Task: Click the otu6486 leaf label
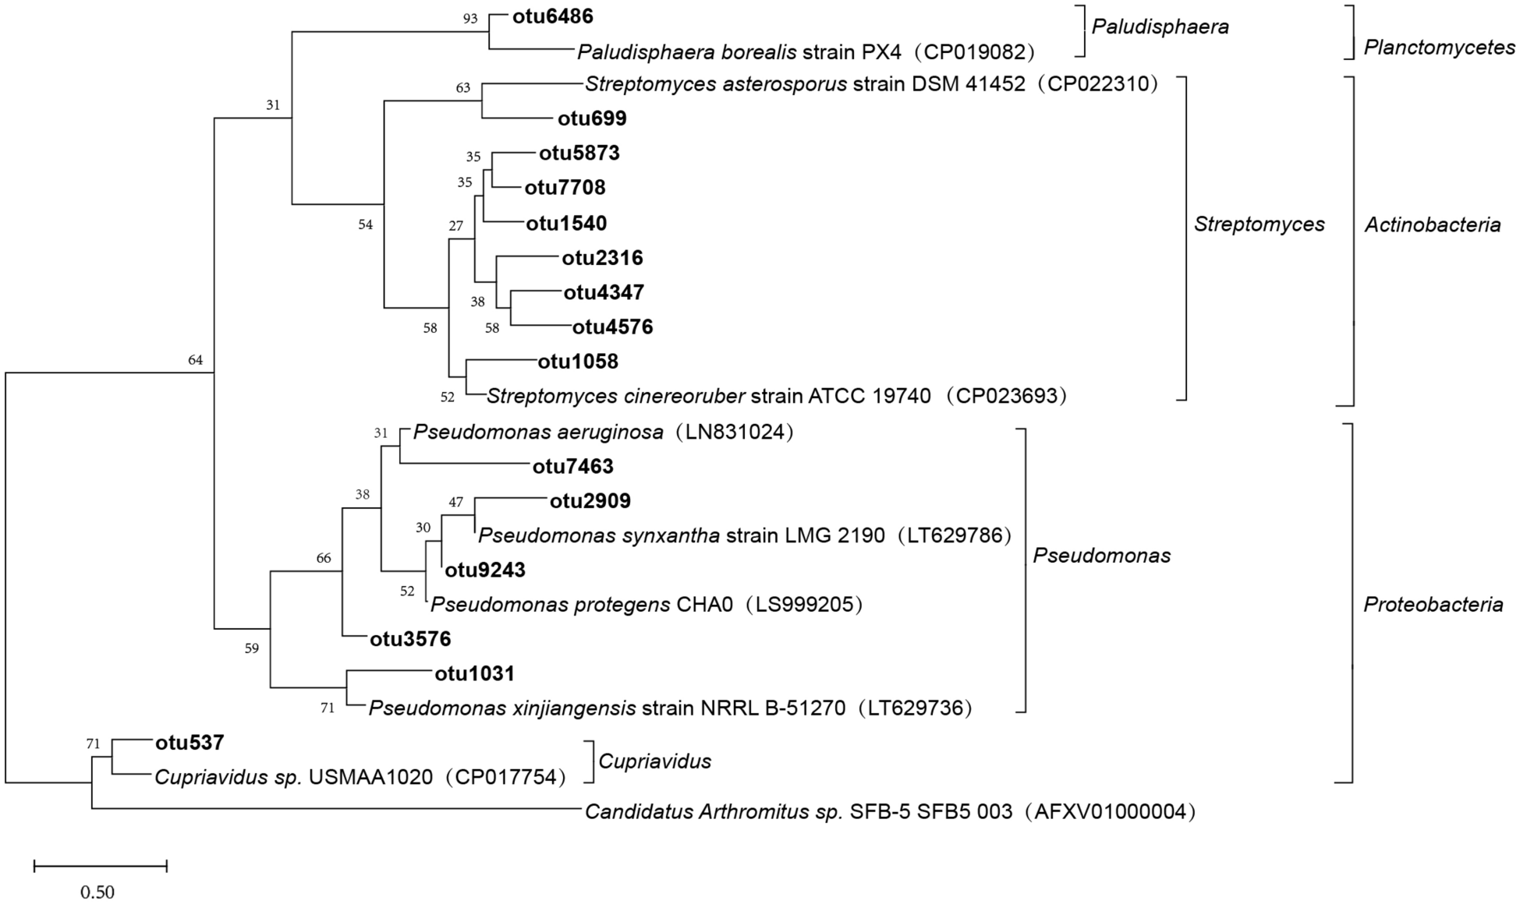pos(552,16)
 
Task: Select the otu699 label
pos(592,118)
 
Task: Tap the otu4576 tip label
pos(612,327)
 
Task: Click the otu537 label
pos(190,743)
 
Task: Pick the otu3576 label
pos(410,640)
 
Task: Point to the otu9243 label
pos(485,570)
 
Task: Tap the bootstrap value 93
pos(469,19)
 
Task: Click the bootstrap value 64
pos(195,360)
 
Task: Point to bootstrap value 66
pos(324,558)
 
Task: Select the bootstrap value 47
pos(455,503)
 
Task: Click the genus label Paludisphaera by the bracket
pos(1160,27)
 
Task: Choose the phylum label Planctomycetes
pos(1439,48)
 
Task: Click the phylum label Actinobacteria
pos(1432,225)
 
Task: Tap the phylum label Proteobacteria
pos(1433,605)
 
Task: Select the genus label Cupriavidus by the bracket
pos(654,761)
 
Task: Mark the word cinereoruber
pos(682,397)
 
